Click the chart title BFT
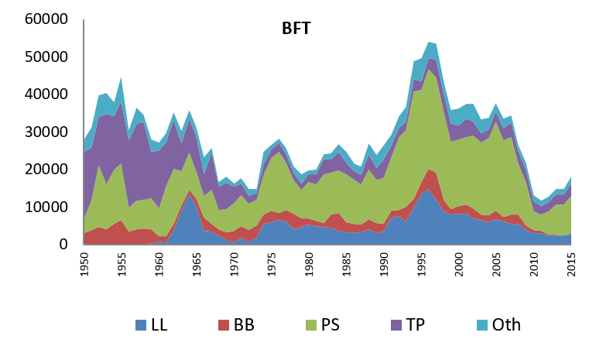point(296,29)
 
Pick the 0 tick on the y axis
point(69,245)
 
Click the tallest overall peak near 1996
point(429,43)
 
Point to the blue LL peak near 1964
point(189,194)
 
